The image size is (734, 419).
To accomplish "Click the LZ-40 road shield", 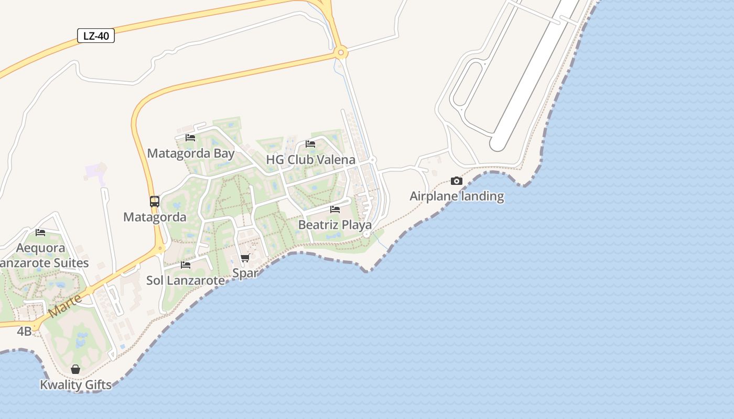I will (x=96, y=36).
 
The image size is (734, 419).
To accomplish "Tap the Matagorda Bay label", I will (x=191, y=153).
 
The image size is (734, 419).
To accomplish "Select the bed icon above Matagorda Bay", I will (x=190, y=138).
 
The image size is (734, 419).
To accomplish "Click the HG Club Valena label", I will (x=310, y=159).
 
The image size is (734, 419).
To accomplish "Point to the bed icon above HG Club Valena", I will (x=310, y=144).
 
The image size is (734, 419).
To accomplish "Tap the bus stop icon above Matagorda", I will (x=155, y=202).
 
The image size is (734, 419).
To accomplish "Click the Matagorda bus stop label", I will (x=155, y=217).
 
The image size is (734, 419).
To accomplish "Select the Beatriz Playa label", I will (x=335, y=225).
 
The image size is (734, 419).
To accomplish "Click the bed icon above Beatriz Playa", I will (x=335, y=210).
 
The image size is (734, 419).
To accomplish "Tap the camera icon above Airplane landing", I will (x=457, y=181).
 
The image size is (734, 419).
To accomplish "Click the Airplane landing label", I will (x=457, y=196).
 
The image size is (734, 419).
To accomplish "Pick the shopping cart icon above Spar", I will (x=245, y=258).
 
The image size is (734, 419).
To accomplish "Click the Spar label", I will (x=245, y=273).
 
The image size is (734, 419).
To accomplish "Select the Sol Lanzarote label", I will (x=186, y=280).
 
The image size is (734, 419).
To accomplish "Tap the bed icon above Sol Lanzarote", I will (x=186, y=265).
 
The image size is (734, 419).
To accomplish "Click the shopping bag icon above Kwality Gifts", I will (x=75, y=369).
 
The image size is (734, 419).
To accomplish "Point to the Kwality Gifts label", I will (x=75, y=385).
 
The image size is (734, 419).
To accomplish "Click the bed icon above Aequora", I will (x=40, y=233).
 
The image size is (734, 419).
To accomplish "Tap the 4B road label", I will (x=24, y=331).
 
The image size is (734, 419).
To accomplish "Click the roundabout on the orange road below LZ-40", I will (x=341, y=52).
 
